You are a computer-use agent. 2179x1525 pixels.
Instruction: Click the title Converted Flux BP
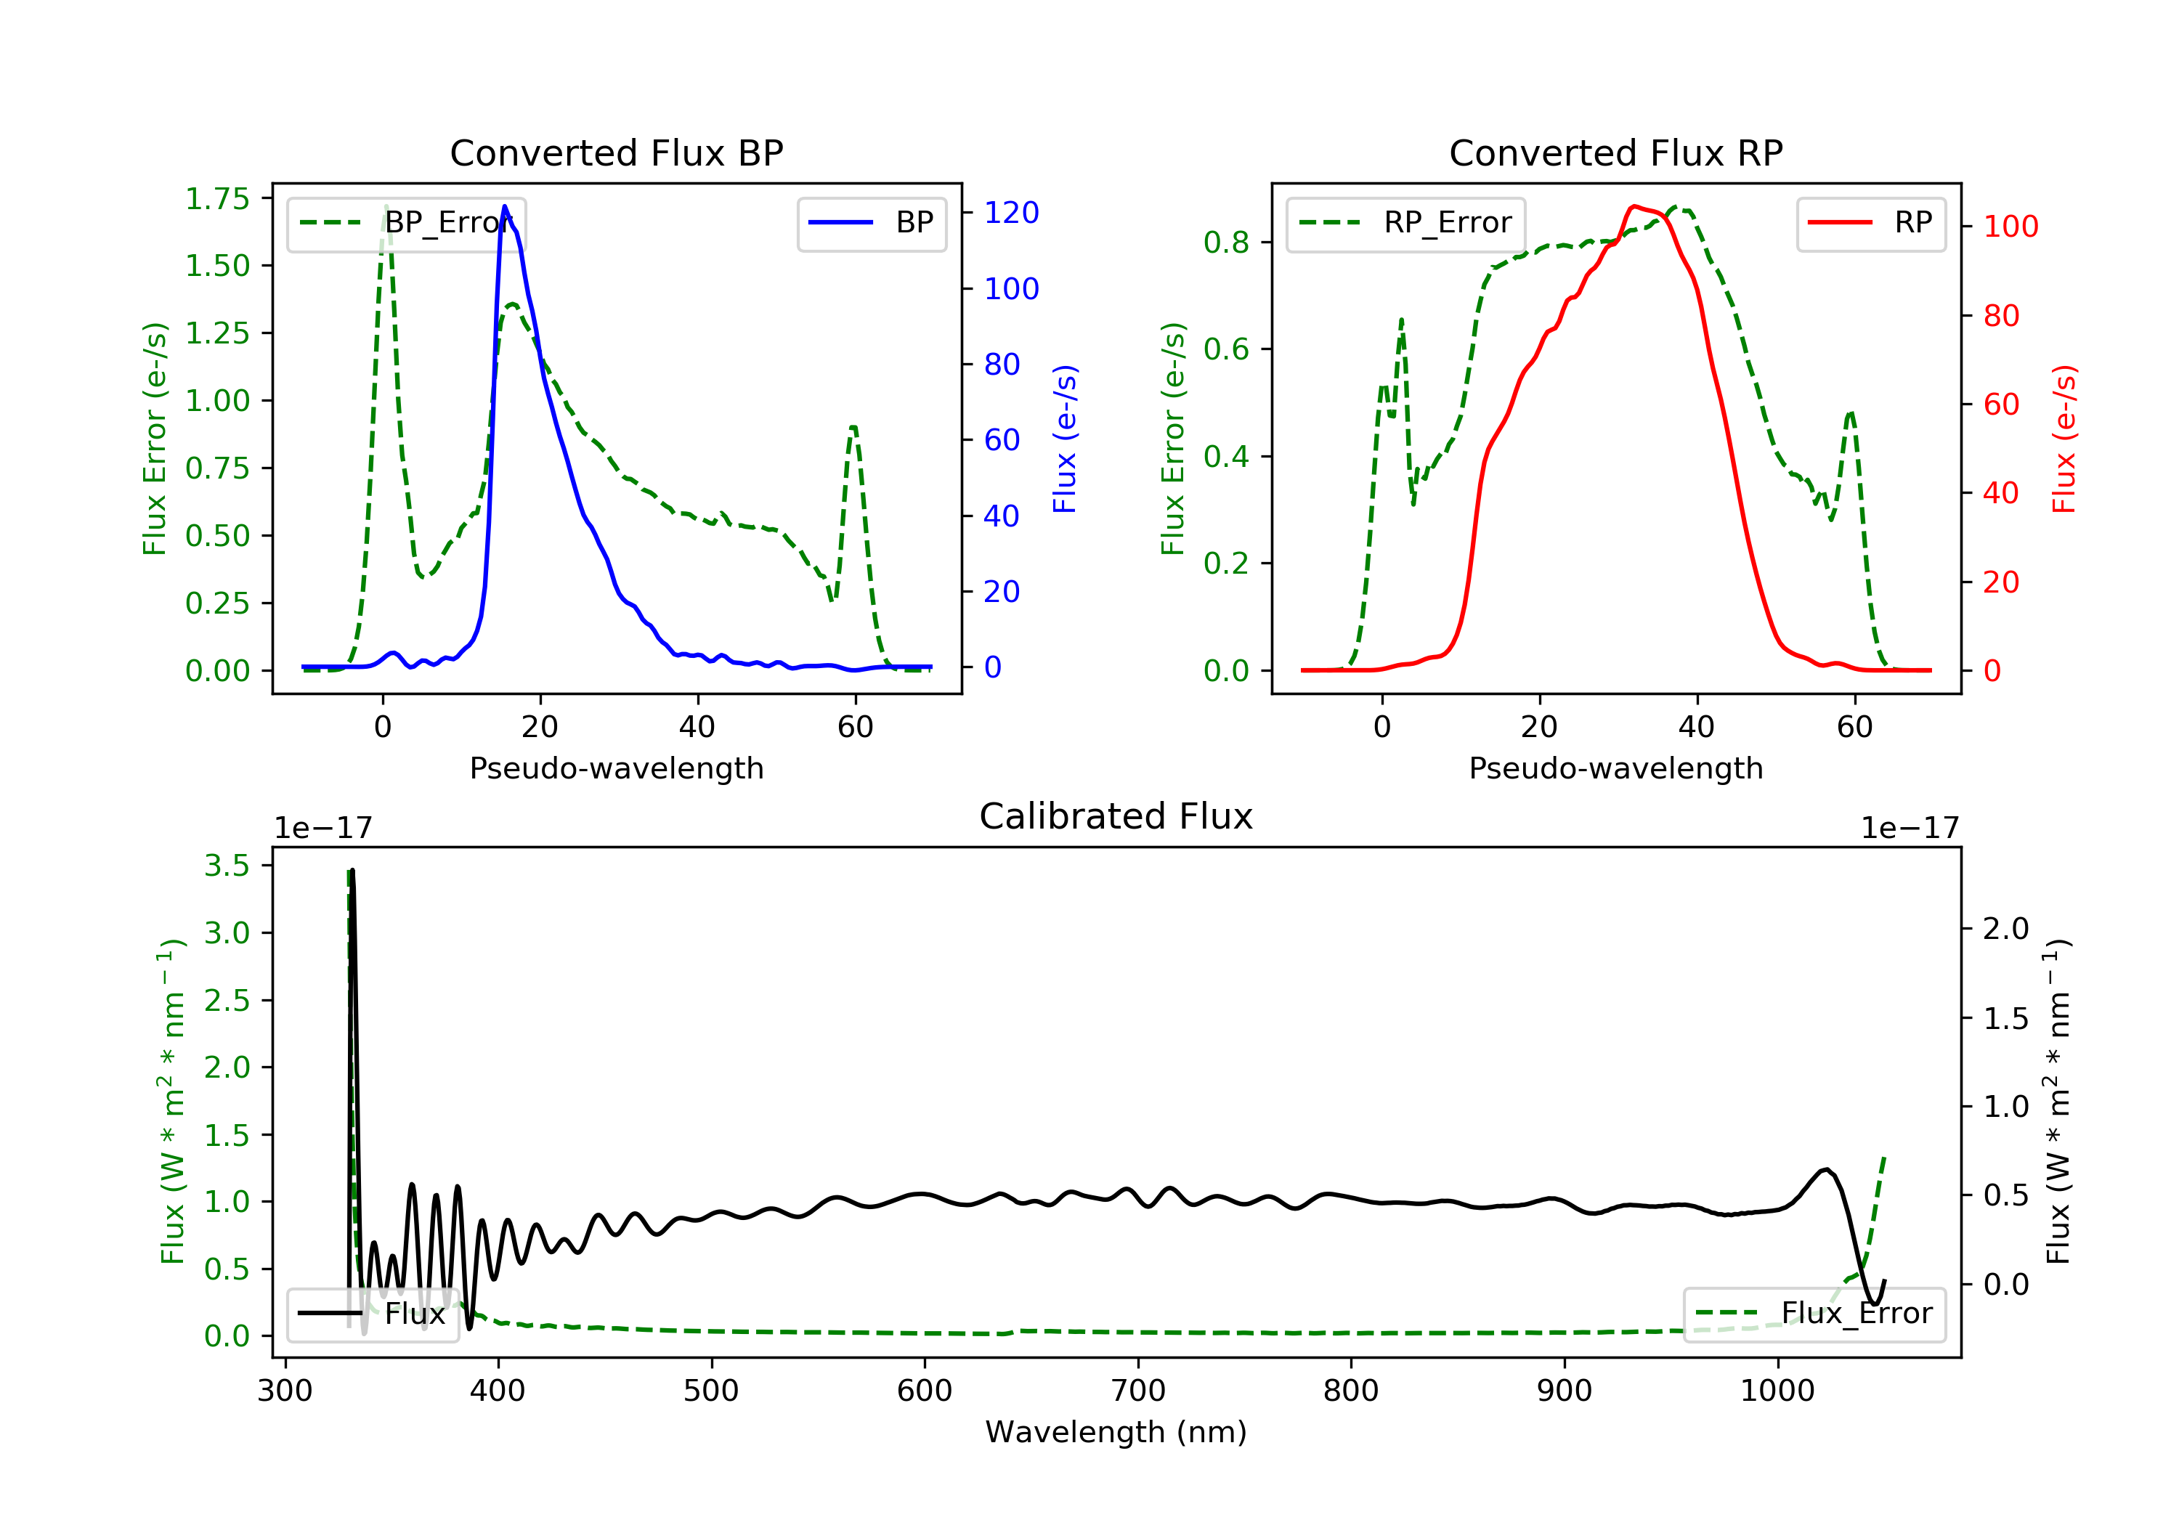(616, 152)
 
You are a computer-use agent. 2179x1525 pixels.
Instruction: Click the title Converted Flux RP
(1615, 152)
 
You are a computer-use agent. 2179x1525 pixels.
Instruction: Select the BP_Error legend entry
(406, 223)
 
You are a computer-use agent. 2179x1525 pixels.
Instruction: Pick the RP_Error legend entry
(1405, 223)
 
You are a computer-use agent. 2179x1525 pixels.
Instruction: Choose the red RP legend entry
(1870, 223)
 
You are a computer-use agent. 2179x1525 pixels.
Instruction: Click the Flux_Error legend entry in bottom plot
(1814, 1314)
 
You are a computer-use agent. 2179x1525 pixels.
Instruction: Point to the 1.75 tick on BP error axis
(216, 198)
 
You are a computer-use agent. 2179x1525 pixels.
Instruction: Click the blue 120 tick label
(1011, 213)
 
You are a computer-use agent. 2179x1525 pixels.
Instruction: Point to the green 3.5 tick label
(226, 866)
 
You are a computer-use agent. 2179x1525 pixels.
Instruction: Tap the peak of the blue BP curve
(504, 206)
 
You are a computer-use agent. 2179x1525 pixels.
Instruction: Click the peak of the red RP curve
(1632, 206)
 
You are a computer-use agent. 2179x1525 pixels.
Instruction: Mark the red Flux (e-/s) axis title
(2064, 439)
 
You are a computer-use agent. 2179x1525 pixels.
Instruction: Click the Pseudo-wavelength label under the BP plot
(616, 768)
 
